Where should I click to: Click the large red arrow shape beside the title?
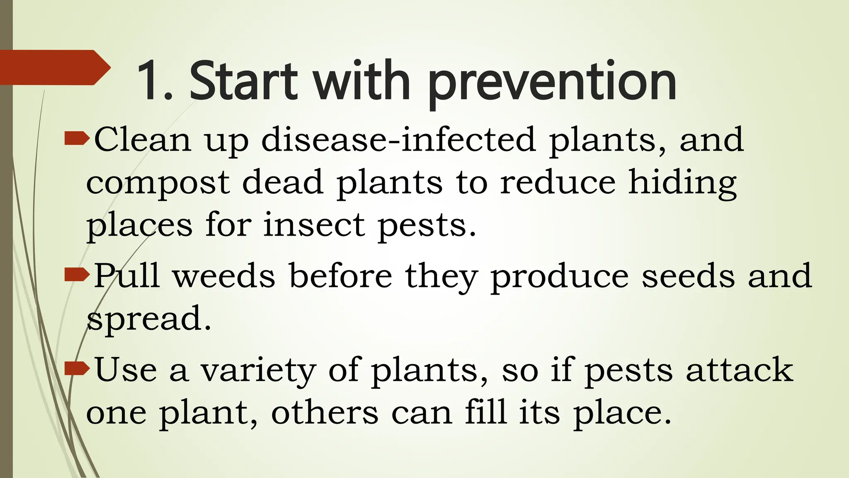[x=54, y=68]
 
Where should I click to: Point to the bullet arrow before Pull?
[x=77, y=274]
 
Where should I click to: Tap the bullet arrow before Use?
[x=77, y=368]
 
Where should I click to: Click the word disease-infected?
[x=398, y=140]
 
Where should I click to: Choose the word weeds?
[x=224, y=276]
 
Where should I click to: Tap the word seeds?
[x=688, y=276]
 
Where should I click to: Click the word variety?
[x=259, y=371]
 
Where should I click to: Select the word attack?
[x=740, y=370]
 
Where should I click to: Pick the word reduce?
[x=558, y=183]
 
